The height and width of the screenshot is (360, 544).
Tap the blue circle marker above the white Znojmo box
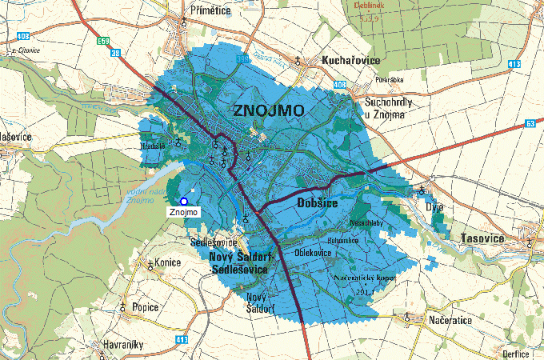(x=184, y=201)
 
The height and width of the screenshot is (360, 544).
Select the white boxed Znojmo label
(x=182, y=212)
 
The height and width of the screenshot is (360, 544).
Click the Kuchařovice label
(x=350, y=61)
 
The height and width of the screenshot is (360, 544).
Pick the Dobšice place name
(x=319, y=204)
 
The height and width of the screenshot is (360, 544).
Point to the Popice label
(x=143, y=306)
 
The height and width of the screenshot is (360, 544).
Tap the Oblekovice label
(x=314, y=253)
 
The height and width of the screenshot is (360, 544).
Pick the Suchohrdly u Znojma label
(x=387, y=110)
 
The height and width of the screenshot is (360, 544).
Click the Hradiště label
(x=153, y=146)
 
